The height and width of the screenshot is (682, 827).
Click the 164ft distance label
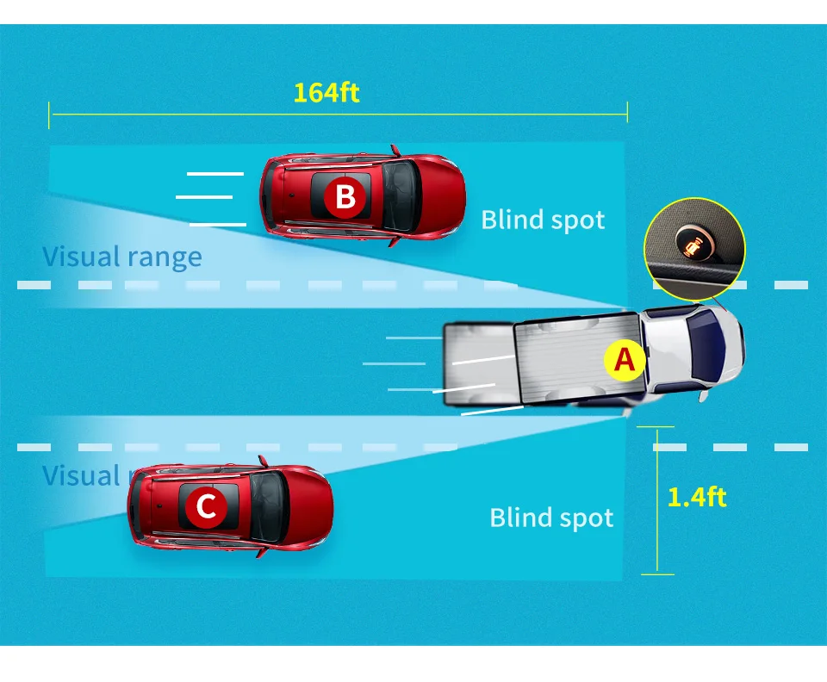coord(326,92)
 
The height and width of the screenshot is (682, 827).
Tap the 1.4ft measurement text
coord(697,497)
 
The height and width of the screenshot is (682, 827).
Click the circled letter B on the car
coord(345,197)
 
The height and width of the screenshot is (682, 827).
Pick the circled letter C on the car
coord(206,506)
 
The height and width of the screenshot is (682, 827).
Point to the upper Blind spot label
coord(543,220)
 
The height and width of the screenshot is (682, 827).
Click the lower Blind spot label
coord(551,518)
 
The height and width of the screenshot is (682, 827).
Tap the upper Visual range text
coord(122,257)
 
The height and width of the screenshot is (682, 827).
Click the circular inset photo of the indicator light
coord(694,249)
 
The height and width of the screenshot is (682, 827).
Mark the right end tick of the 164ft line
coord(627,112)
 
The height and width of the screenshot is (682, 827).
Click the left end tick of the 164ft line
coord(49,115)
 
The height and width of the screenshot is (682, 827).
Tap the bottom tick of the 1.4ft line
coord(657,573)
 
